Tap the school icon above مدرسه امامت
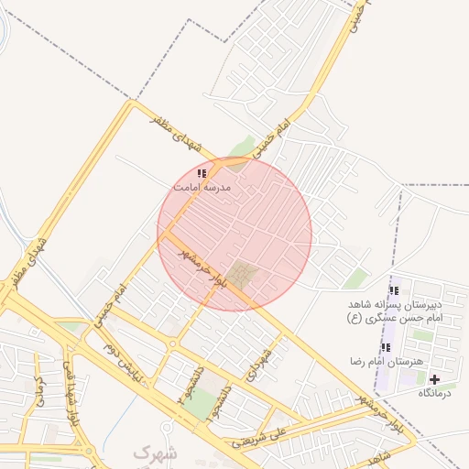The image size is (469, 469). pos(202,172)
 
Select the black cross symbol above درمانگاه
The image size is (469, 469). pos(434,379)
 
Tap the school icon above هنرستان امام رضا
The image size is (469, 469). pos(386,347)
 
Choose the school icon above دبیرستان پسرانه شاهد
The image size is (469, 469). pos(394,290)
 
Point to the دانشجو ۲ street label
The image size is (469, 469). pos(191,390)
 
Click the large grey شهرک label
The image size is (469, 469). pos(153,453)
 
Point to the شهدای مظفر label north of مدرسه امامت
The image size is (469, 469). pos(179,133)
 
